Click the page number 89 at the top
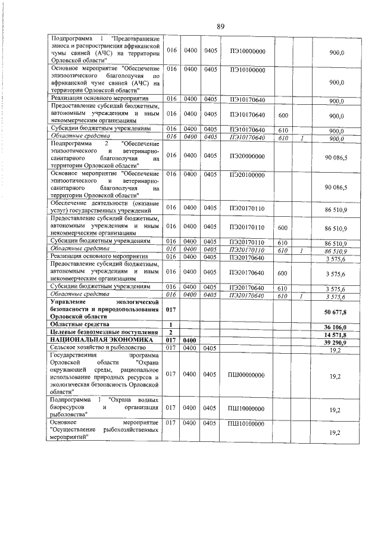(220, 26)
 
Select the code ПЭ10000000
(246, 52)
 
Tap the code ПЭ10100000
(246, 70)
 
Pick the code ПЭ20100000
(246, 175)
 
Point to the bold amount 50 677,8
(335, 311)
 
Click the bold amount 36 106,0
(335, 327)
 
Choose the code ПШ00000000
(246, 375)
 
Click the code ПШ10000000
(246, 410)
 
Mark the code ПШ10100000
(246, 423)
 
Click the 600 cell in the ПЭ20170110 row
(283, 228)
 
